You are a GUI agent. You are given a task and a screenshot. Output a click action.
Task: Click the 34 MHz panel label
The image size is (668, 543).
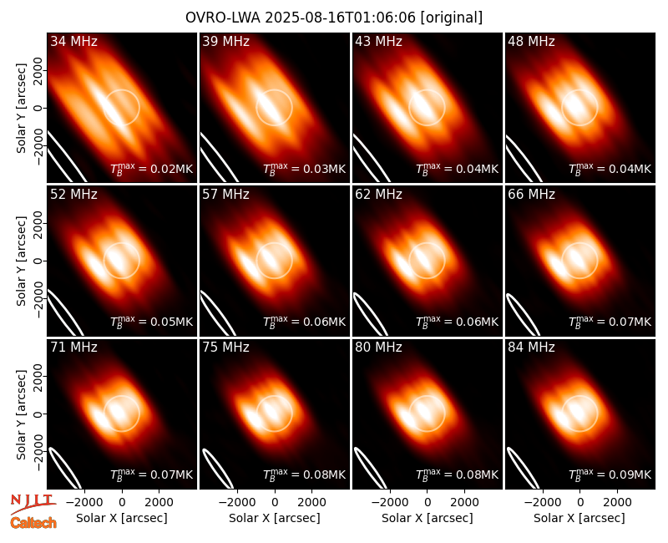point(73,41)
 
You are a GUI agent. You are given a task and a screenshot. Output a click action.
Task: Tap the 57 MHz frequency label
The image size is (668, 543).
point(225,195)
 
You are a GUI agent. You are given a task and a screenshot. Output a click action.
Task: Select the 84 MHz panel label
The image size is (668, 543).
point(531,348)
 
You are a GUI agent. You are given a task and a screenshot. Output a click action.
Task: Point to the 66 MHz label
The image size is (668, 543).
point(531,195)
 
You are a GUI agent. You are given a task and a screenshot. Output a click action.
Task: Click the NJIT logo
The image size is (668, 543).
point(33,503)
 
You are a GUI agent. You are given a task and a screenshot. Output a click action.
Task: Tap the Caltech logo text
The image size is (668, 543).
point(33,523)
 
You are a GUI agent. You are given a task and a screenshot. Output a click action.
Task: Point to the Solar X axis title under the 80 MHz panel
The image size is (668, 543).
point(428,518)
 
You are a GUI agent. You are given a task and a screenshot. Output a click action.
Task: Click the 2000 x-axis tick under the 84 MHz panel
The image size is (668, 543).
point(617,503)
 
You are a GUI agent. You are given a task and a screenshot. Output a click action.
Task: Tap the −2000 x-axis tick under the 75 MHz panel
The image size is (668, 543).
point(237,503)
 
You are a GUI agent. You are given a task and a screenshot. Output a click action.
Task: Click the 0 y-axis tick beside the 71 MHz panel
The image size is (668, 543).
point(38,414)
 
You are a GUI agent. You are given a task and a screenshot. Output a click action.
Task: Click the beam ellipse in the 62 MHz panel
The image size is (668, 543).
point(370,314)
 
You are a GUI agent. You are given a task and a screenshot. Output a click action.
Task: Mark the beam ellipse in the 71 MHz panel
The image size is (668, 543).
point(65,468)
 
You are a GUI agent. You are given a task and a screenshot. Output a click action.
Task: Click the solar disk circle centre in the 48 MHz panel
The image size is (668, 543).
point(579,108)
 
